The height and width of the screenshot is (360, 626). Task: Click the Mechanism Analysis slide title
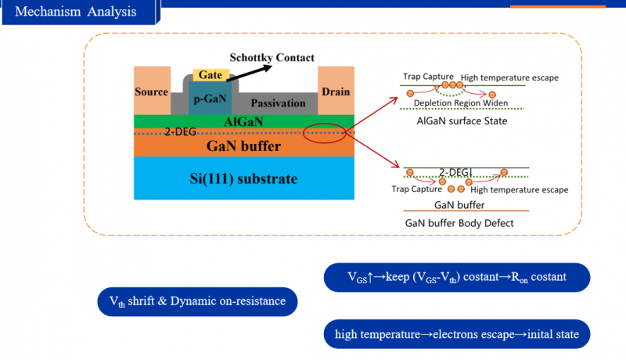pyautogui.click(x=76, y=12)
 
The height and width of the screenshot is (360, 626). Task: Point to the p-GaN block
pyautogui.click(x=210, y=100)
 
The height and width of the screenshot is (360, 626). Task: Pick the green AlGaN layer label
pyautogui.click(x=244, y=121)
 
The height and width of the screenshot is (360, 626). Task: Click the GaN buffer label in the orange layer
pyautogui.click(x=243, y=145)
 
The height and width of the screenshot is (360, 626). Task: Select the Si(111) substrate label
pyautogui.click(x=244, y=179)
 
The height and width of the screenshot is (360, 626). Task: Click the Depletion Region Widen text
pyautogui.click(x=460, y=103)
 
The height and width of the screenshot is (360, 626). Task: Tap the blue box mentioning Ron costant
pyautogui.click(x=456, y=277)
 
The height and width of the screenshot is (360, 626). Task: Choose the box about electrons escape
pyautogui.click(x=456, y=334)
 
